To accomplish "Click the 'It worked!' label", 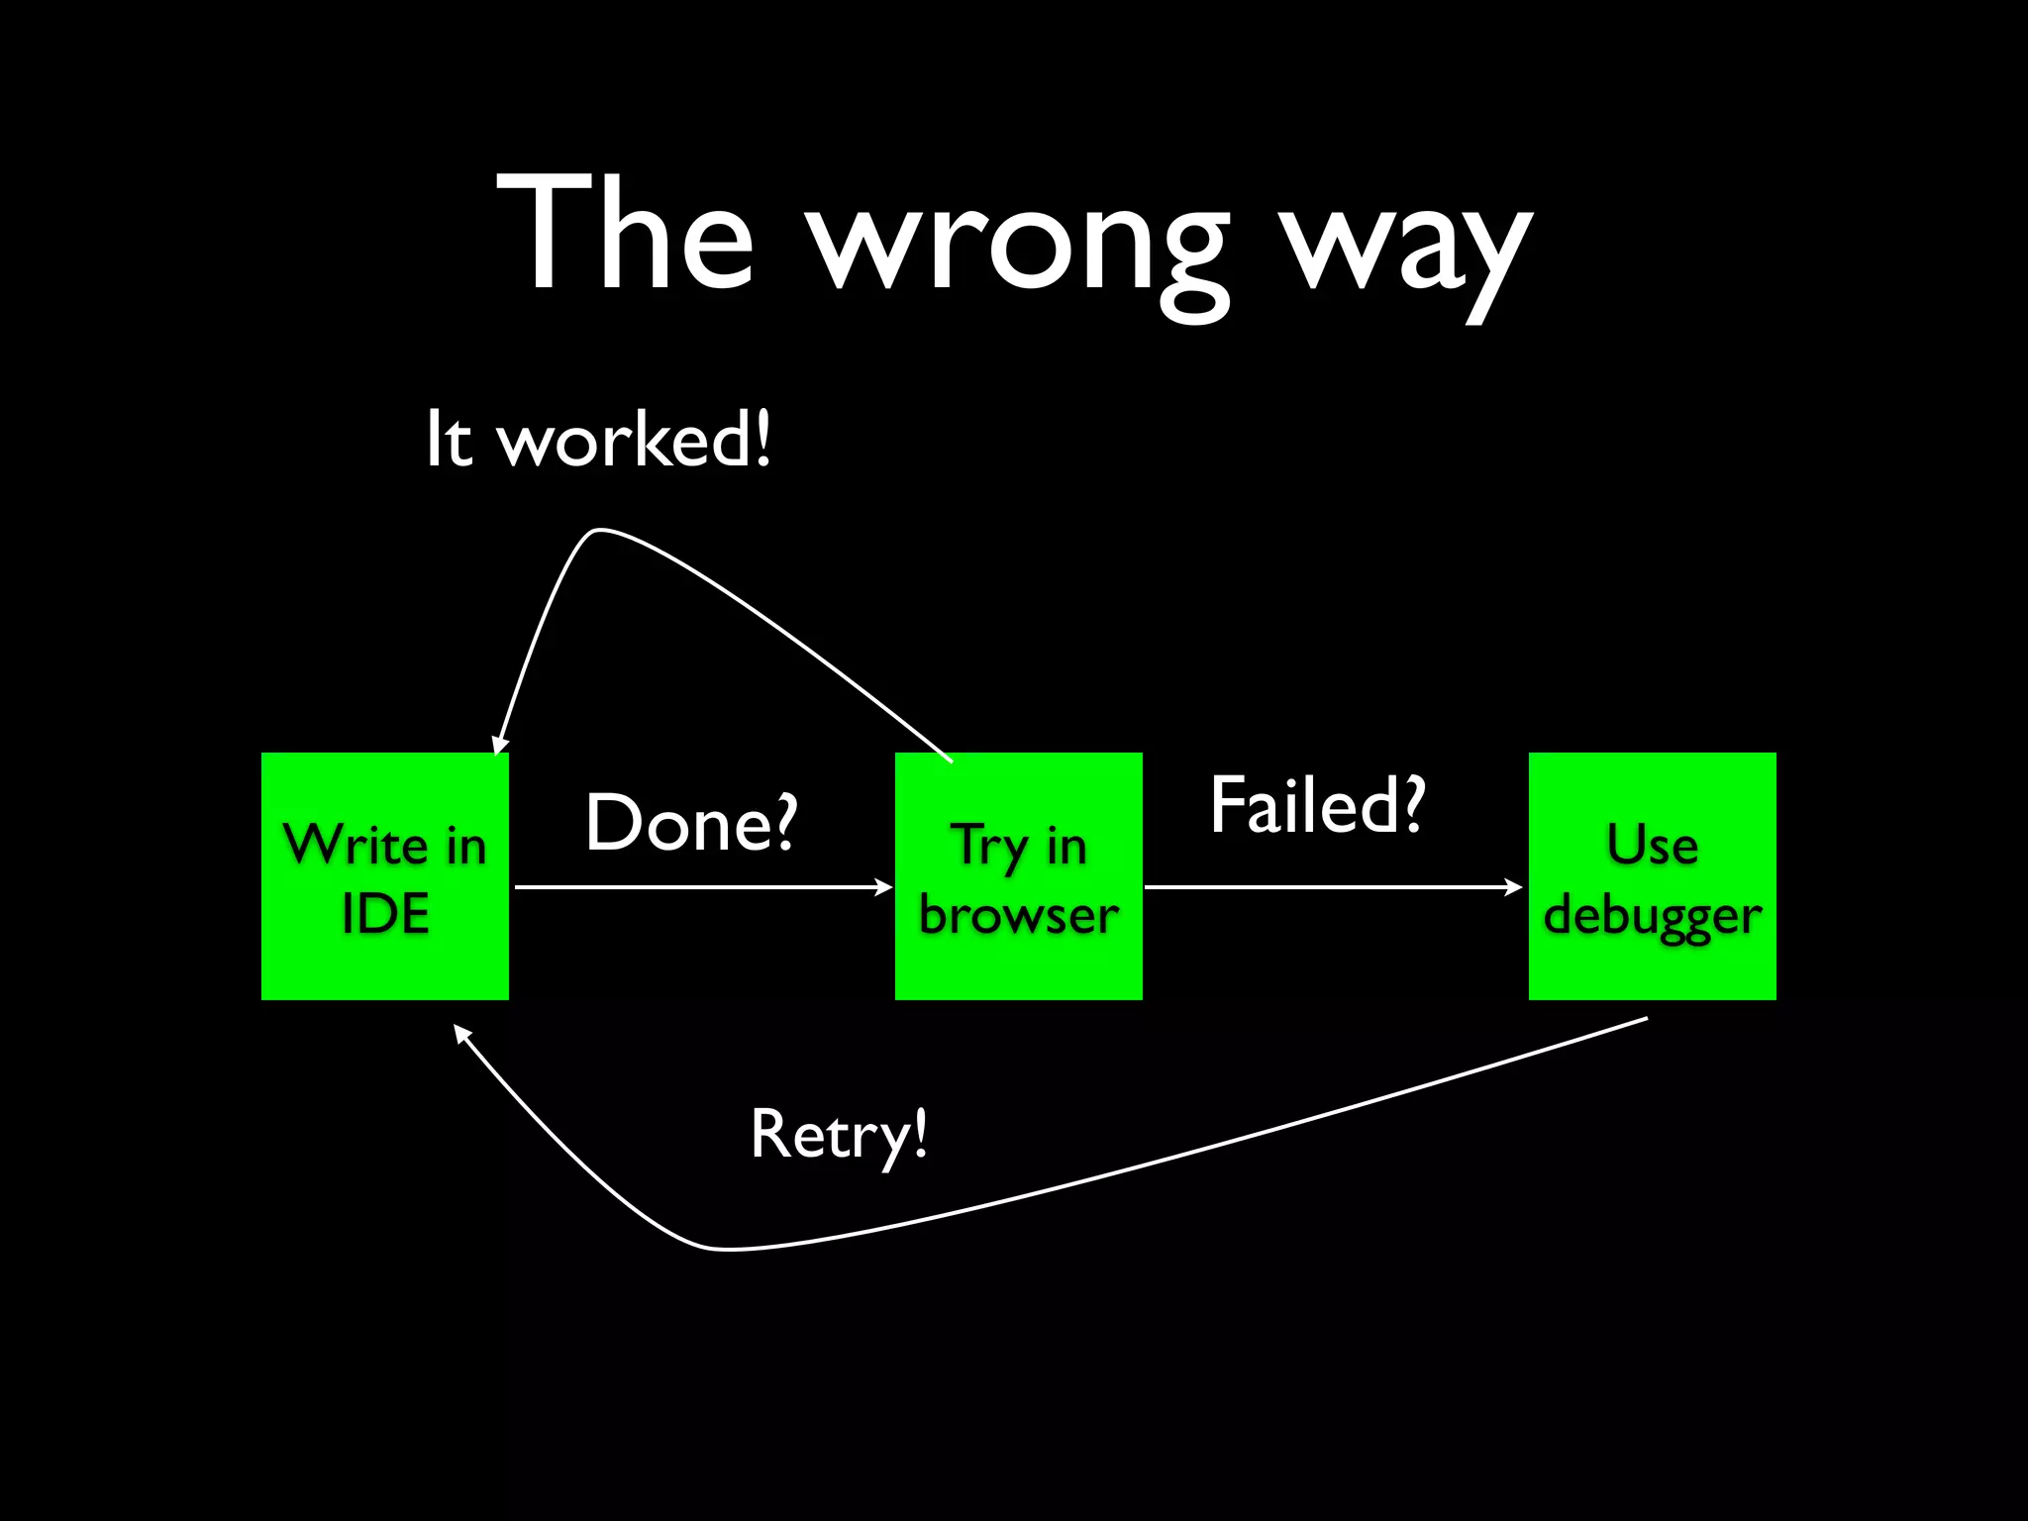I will click(x=598, y=439).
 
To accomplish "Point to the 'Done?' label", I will click(x=691, y=822).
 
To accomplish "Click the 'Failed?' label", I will click(x=1317, y=805).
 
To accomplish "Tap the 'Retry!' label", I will click(x=840, y=1134).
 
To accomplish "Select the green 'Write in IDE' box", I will click(x=385, y=876).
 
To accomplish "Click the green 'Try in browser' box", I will click(x=1018, y=876).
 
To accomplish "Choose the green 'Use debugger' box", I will click(x=1652, y=876).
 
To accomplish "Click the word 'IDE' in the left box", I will click(x=385, y=913).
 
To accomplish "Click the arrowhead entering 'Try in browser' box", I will click(x=884, y=887).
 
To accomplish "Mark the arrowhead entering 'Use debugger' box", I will click(x=1514, y=887).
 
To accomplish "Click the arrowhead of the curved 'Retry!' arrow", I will click(x=460, y=1032).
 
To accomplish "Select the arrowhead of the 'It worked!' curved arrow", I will click(x=499, y=745).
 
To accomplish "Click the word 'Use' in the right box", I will click(x=1652, y=846).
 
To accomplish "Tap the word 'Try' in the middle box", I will click(x=990, y=848).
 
